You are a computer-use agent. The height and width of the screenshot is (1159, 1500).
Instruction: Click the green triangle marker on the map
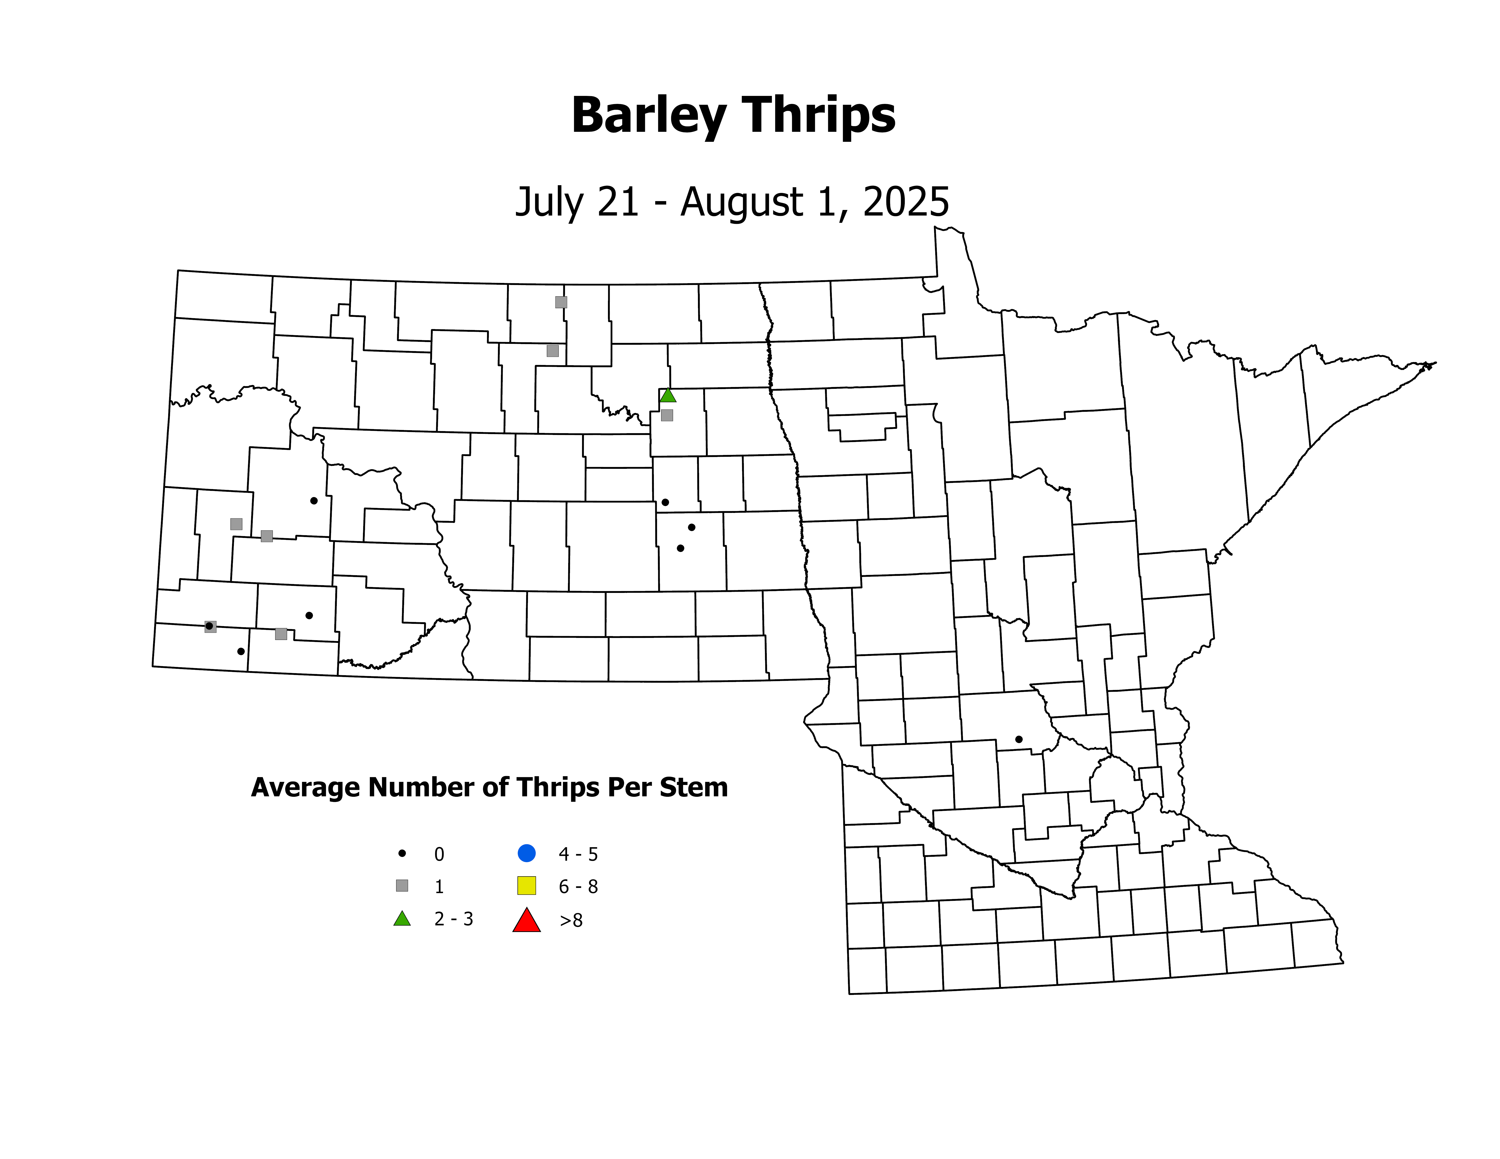(667, 395)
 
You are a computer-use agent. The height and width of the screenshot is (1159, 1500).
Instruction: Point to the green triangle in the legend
(402, 919)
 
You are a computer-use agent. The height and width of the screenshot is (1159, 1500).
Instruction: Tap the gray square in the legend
(402, 886)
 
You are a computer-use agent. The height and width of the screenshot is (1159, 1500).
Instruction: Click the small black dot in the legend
(402, 854)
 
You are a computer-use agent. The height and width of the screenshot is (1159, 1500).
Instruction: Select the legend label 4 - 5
(578, 854)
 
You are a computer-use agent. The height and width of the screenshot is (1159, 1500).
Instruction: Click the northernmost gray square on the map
(561, 302)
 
